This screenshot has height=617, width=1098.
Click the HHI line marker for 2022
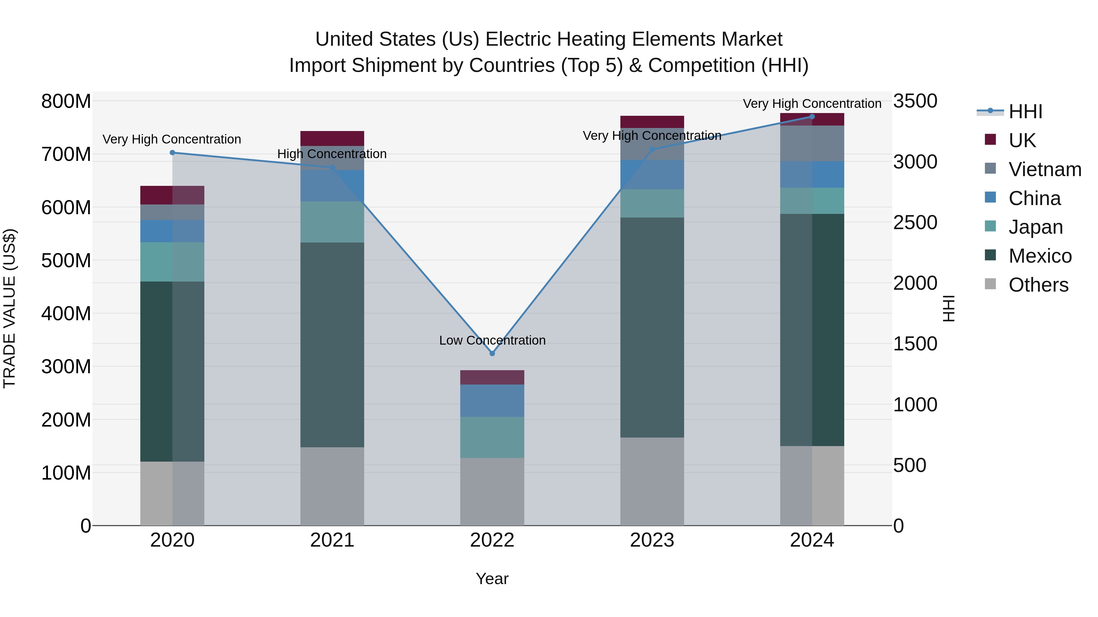492,353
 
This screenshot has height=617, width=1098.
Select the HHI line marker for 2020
172,152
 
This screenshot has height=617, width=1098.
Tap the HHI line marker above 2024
812,117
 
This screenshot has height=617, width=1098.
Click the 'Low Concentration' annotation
492,340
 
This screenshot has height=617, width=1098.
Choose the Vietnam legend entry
1044,169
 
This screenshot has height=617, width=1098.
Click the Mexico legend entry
1040,256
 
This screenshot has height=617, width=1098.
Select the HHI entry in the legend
1025,112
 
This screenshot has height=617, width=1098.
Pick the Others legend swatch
990,284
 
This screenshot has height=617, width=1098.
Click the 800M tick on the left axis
66,101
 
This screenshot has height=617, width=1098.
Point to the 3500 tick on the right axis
915,101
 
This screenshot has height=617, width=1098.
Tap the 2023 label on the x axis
652,540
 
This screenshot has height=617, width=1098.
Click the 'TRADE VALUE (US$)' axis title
9,308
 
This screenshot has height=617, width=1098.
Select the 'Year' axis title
492,579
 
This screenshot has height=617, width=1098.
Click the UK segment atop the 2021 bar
332,138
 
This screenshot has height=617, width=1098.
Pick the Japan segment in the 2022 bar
492,437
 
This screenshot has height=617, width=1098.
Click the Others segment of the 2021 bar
332,486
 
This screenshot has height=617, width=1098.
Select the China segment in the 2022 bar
492,400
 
